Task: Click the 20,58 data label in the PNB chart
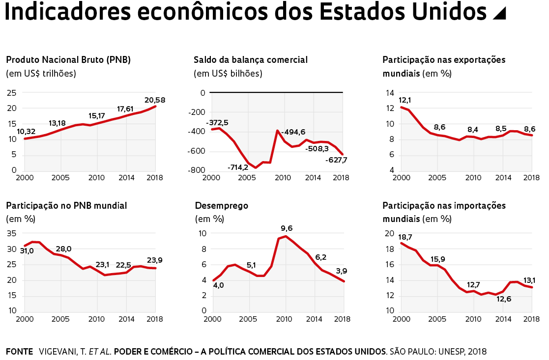tap(155, 100)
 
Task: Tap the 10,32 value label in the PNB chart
tap(27, 131)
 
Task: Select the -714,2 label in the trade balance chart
tap(238, 168)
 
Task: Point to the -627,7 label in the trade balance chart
tap(336, 160)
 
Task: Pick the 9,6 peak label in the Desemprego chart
tap(287, 228)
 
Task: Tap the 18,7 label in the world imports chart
tap(405, 237)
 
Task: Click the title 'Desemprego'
tap(222, 206)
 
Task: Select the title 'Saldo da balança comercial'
tap(251, 60)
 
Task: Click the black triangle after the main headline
tap(499, 14)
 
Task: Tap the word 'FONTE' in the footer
tap(19, 352)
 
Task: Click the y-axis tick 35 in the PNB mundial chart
tap(12, 234)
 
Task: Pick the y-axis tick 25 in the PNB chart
tap(12, 93)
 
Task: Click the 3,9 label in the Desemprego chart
tap(341, 271)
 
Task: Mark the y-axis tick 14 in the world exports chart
tap(390, 93)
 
